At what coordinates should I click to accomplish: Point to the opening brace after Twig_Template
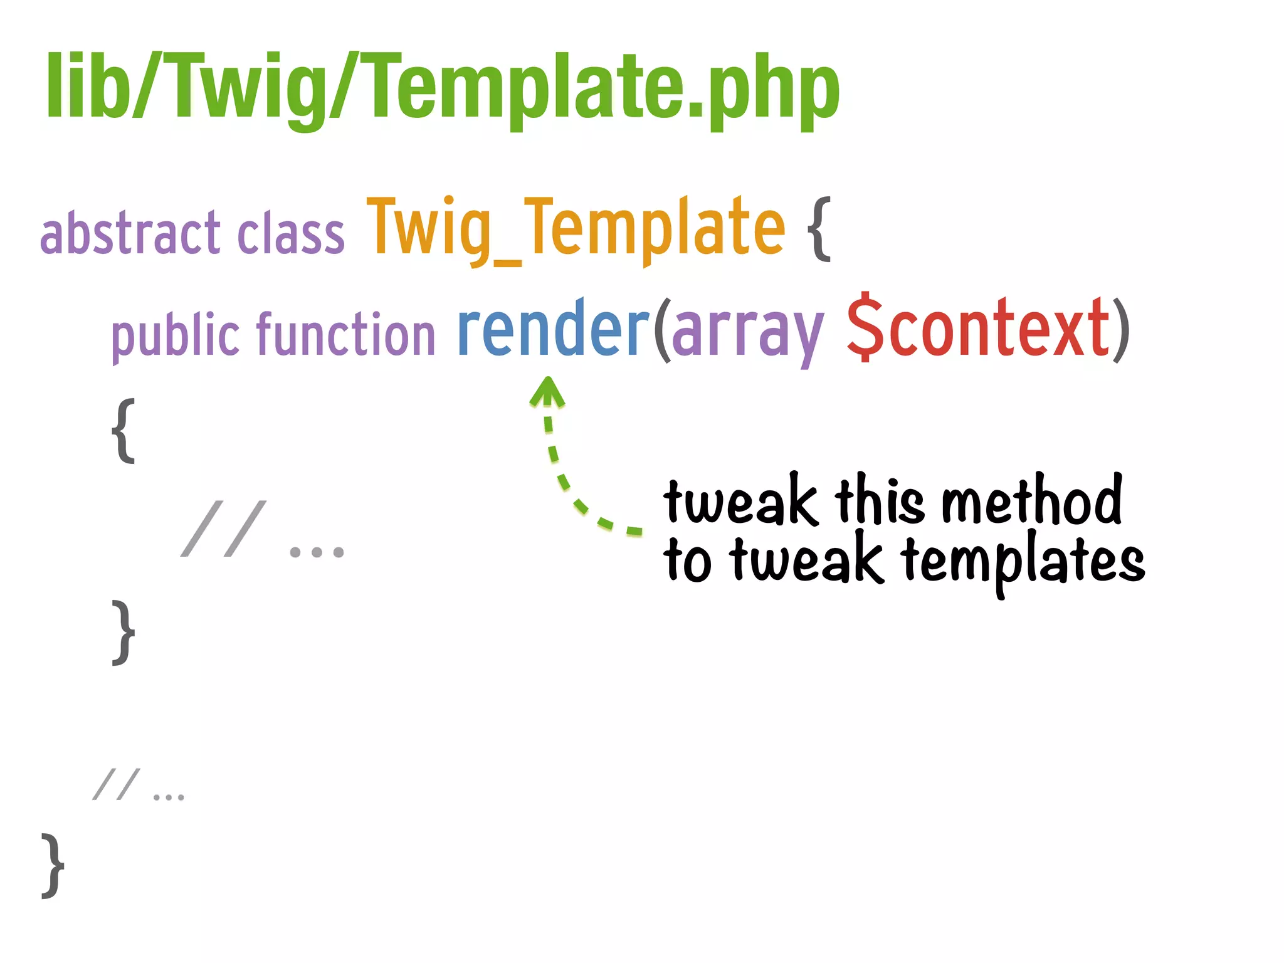pyautogui.click(x=819, y=228)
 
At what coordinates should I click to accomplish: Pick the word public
pyautogui.click(x=176, y=335)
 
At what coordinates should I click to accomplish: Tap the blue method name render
pyautogui.click(x=554, y=329)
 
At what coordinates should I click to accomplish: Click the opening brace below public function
pyautogui.click(x=124, y=431)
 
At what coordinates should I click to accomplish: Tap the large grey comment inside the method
pyautogui.click(x=262, y=530)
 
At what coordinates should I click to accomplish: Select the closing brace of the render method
pyautogui.click(x=124, y=632)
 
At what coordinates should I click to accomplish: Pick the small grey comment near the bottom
pyautogui.click(x=138, y=786)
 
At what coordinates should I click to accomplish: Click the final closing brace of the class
pyautogui.click(x=53, y=865)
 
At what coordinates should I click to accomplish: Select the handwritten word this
pyautogui.click(x=879, y=500)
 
